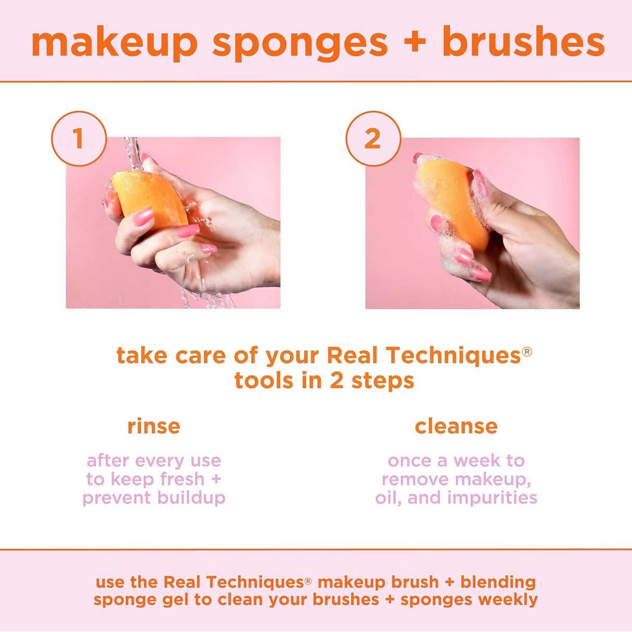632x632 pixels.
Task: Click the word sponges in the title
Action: pyautogui.click(x=300, y=43)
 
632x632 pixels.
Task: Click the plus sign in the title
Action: pyautogui.click(x=415, y=42)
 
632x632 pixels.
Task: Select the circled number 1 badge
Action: pyautogui.click(x=79, y=138)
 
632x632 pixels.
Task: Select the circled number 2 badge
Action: pyautogui.click(x=373, y=138)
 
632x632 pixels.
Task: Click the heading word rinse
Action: pyautogui.click(x=154, y=426)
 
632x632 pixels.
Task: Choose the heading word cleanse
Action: pyautogui.click(x=456, y=426)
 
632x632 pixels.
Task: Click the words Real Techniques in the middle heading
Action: pyautogui.click(x=423, y=356)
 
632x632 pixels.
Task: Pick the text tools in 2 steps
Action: pyautogui.click(x=324, y=381)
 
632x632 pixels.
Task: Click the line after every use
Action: pyautogui.click(x=154, y=461)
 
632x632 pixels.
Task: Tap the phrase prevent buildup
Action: pyautogui.click(x=154, y=498)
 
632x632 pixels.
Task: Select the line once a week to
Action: pyautogui.click(x=456, y=461)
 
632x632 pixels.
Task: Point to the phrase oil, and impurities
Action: pyautogui.click(x=456, y=498)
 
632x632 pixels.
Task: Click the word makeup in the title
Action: pyautogui.click(x=115, y=43)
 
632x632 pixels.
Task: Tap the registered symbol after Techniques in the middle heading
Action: pyautogui.click(x=527, y=351)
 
